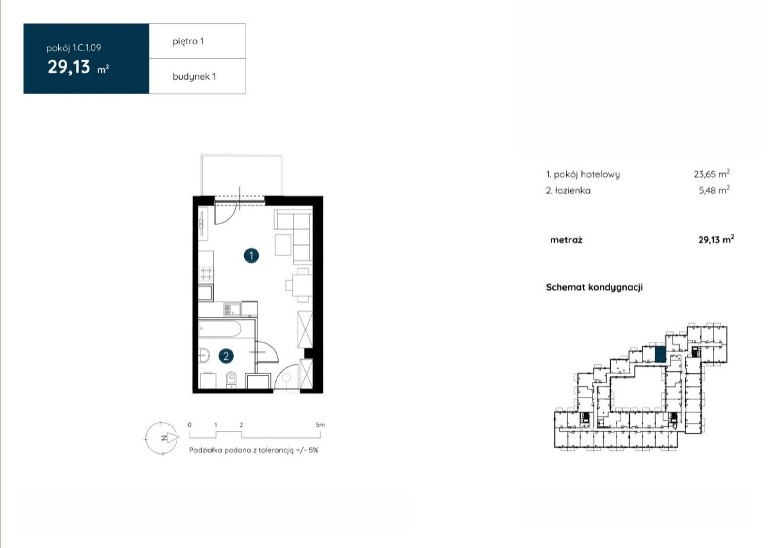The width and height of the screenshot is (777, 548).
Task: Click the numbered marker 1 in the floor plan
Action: [x=251, y=256]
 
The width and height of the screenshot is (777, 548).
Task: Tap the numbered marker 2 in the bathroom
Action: [x=226, y=356]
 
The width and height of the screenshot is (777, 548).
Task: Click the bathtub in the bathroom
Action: [x=220, y=329]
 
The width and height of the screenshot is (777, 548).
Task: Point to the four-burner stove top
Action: [x=206, y=273]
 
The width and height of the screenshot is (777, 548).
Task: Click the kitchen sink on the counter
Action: [x=233, y=309]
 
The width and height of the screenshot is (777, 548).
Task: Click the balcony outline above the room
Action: [x=242, y=175]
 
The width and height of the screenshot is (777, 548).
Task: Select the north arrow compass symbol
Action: [x=162, y=438]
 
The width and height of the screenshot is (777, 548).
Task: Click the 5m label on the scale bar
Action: [x=320, y=425]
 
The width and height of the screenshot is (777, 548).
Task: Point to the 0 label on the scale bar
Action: [x=189, y=425]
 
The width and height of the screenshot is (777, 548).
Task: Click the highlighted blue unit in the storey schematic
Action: [x=660, y=355]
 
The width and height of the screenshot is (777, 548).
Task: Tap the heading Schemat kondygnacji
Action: [x=594, y=287]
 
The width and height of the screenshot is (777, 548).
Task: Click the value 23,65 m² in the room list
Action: [x=711, y=174]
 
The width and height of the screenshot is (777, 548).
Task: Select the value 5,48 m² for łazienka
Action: [x=714, y=190]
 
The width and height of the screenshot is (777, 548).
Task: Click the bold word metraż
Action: [x=566, y=240]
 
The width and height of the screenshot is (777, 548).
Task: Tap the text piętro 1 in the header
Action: [x=188, y=42]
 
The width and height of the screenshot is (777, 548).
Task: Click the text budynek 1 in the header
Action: [x=194, y=77]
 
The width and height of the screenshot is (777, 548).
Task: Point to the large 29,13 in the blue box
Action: [x=68, y=67]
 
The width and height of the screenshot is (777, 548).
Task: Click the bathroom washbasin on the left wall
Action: [x=204, y=355]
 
